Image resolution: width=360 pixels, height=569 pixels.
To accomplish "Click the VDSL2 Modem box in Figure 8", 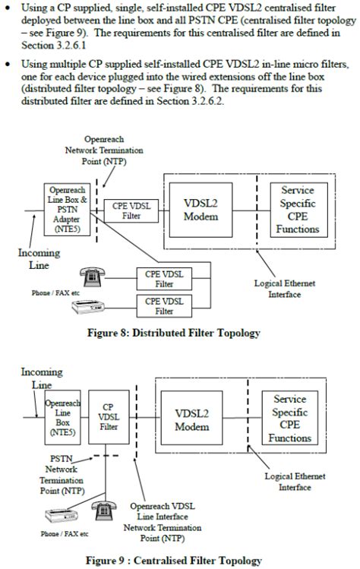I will pos(201,210).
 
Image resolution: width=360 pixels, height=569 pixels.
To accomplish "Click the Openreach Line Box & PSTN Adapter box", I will pos(68,206).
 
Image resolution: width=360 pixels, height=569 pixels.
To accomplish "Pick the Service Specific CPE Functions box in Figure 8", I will pos(303,210).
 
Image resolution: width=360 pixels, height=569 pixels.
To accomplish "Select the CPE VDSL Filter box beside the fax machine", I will pos(164,306).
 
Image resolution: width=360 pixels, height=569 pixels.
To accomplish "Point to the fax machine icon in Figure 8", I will pos(88,306).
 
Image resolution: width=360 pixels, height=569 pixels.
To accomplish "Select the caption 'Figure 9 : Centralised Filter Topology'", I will pos(175,561).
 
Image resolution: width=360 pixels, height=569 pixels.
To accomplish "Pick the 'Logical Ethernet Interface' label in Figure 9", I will pos(295,481).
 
